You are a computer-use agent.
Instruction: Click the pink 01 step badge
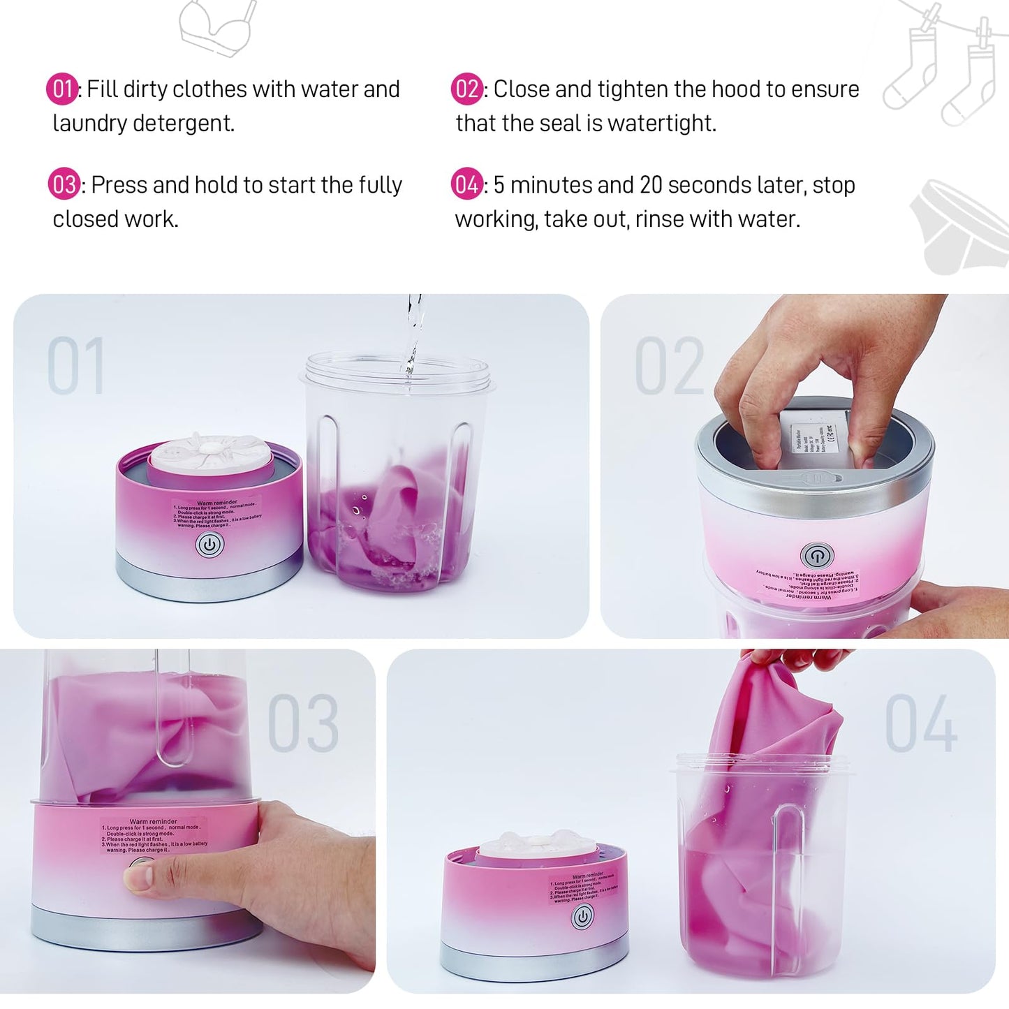pos(62,89)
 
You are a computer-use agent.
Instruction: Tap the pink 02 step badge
pos(466,89)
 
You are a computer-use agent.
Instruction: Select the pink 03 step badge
pos(64,185)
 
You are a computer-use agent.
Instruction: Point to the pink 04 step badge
pos(466,185)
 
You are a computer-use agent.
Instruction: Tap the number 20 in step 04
pos(650,185)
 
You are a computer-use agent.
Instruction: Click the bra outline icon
pos(217,27)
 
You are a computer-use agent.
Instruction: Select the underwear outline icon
pos(960,227)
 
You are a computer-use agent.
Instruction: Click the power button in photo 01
pos(209,545)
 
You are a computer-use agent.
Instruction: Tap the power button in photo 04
pos(582,916)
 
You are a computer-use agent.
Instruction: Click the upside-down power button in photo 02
pos(816,556)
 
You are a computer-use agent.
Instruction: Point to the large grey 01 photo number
pos(76,366)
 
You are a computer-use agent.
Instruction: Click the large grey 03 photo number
pos(303,723)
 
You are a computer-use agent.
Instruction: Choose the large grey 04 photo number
pos(920,723)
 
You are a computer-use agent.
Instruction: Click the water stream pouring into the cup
pos(414,332)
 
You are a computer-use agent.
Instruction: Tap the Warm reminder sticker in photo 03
pos(154,835)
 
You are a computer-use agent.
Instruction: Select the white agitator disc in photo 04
pos(536,847)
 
